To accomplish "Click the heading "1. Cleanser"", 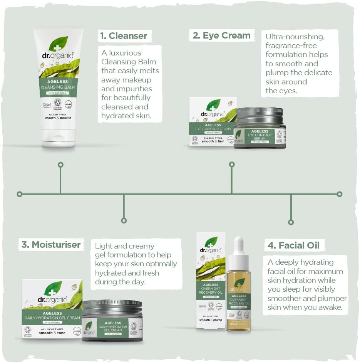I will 124,36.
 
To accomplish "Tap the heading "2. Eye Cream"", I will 221,35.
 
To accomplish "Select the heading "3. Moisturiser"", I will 50,244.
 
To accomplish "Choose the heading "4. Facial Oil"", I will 294,245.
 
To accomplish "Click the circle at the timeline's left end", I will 20,194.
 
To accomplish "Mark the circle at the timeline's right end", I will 339,194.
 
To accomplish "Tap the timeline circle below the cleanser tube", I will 60,165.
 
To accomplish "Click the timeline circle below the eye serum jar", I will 232,165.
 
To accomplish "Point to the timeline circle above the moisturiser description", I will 124,221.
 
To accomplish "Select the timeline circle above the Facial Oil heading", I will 291,222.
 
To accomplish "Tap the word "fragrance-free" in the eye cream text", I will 291,45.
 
